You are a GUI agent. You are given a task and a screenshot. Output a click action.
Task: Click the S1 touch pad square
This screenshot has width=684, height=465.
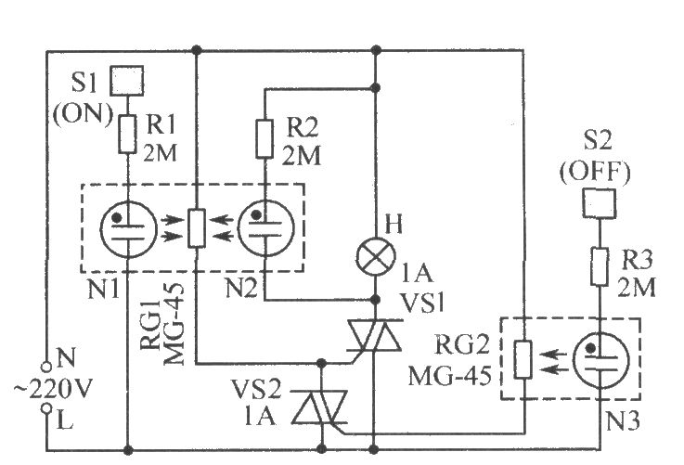coord(126,80)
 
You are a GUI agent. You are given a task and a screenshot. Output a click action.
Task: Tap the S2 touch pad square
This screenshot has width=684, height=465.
coord(600,203)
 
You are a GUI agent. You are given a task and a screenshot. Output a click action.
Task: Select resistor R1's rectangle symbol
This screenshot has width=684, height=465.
coord(127,134)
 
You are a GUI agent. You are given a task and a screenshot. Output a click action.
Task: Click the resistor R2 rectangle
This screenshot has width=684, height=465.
coord(265,138)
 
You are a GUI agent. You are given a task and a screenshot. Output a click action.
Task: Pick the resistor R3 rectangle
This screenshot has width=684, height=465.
coord(600,266)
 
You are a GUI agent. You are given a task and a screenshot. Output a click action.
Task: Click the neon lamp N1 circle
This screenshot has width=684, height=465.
coord(128,228)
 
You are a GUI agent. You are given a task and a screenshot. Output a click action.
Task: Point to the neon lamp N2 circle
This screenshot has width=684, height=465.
coord(265,227)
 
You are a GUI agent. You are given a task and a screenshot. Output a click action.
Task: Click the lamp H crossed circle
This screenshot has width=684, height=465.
coord(376,256)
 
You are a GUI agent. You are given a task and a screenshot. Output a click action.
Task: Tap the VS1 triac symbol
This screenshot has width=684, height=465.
coord(374,335)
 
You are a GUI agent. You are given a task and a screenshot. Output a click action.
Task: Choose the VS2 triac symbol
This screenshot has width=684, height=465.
coord(320,407)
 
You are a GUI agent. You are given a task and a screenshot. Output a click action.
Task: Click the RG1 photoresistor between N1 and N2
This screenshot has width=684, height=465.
coord(197,228)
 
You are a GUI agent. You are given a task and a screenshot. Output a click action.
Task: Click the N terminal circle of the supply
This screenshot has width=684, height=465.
coord(46,367)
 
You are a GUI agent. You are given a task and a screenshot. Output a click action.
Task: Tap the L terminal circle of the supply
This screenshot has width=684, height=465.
coord(46,408)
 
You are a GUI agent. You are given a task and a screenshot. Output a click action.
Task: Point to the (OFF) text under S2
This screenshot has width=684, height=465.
coord(596,173)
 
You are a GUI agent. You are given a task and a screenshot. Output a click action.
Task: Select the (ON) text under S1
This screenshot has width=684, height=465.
coord(83,114)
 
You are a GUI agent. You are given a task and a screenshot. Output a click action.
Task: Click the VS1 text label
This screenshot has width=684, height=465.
coord(421,302)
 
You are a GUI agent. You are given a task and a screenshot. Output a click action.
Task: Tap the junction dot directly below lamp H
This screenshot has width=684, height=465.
coord(374,300)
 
